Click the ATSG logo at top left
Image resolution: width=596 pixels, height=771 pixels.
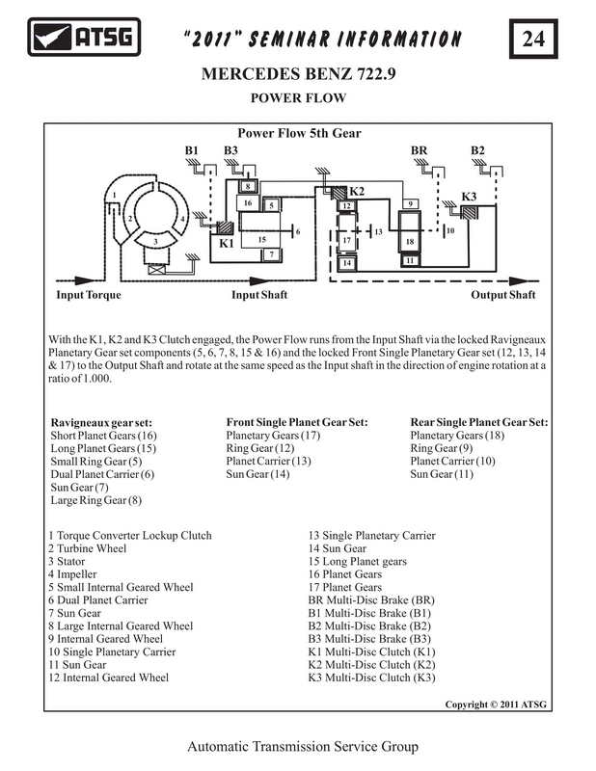[x=84, y=37]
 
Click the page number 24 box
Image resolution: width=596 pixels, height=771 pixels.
[x=533, y=39]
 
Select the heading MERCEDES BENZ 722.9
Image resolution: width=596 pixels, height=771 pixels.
[x=298, y=74]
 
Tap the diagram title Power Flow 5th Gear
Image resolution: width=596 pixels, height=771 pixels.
[x=299, y=133]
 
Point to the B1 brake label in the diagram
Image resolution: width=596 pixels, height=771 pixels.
[x=192, y=150]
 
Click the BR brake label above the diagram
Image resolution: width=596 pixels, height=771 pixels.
[x=420, y=150]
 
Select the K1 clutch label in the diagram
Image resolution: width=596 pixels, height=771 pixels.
[x=227, y=243]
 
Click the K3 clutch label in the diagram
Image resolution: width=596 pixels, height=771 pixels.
[x=469, y=197]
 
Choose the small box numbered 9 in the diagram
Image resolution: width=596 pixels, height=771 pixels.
[x=411, y=203]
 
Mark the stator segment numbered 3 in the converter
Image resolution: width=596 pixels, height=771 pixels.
[x=155, y=240]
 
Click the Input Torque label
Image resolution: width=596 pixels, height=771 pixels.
[x=89, y=295]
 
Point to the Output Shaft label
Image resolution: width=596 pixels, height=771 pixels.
[x=503, y=295]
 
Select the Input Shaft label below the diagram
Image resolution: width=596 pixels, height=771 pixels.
[x=259, y=295]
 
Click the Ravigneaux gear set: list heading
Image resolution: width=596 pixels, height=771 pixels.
[x=101, y=423]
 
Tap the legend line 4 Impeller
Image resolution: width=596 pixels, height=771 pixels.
[x=72, y=574]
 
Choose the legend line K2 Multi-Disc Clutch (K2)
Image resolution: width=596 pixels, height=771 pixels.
[x=371, y=665]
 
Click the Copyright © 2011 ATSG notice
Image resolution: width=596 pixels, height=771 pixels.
[x=496, y=705]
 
